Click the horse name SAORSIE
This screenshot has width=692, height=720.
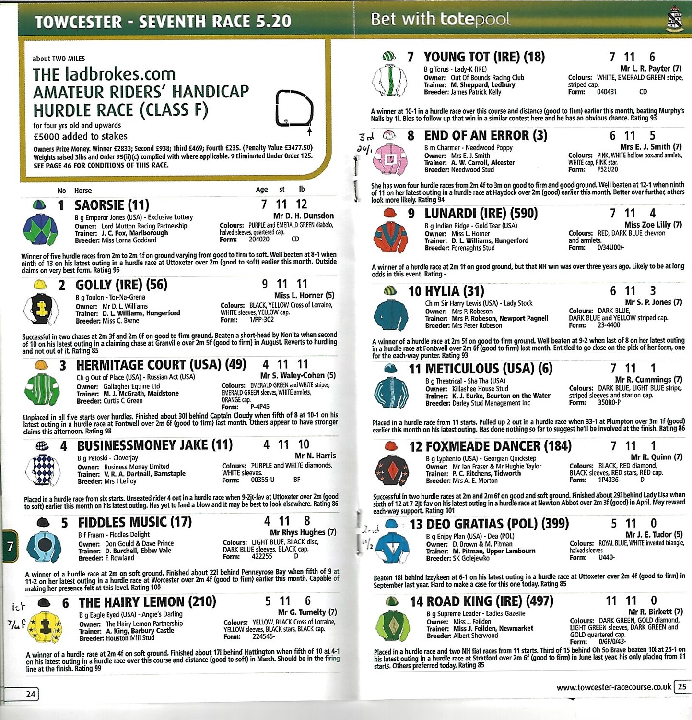coord(99,205)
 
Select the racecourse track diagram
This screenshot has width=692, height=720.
coord(294,109)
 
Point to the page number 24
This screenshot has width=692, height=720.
coord(30,694)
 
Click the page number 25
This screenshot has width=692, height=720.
coord(681,686)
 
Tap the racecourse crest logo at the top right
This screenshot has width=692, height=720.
coord(675,19)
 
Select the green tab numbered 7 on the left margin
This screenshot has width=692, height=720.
coord(10,546)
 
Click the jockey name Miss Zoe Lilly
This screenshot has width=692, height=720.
coord(647,225)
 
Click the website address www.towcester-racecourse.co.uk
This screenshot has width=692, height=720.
coord(613,687)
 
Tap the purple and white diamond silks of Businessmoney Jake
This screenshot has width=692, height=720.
coord(42,469)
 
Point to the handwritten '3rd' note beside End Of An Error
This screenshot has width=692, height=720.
coord(366,137)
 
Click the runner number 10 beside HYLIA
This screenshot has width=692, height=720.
coord(414,291)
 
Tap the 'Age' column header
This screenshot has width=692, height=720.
coord(261,190)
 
